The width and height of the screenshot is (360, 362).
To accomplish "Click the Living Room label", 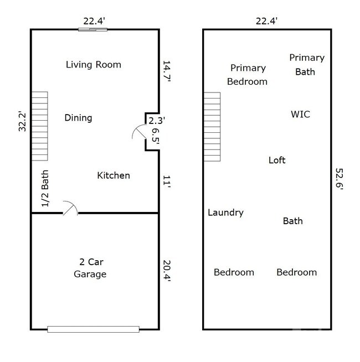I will pyautogui.click(x=93, y=65).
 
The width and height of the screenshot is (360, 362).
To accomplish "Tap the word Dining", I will pyautogui.click(x=78, y=118).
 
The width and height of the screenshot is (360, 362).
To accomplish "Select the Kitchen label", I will pyautogui.click(x=114, y=175).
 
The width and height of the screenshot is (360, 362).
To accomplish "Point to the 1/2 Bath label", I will pyautogui.click(x=46, y=189).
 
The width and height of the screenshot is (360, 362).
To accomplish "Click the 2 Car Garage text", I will pyautogui.click(x=90, y=268).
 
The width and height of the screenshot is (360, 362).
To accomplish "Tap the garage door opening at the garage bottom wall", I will pyautogui.click(x=93, y=329).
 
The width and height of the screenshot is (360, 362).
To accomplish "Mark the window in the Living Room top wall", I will pyautogui.click(x=92, y=29).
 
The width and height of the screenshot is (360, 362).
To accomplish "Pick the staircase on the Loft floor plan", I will pyautogui.click(x=212, y=127).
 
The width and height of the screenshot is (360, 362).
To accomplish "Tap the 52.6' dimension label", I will pyautogui.click(x=340, y=179).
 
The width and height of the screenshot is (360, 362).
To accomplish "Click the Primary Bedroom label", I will pyautogui.click(x=247, y=75).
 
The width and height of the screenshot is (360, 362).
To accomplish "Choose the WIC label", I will pyautogui.click(x=300, y=115).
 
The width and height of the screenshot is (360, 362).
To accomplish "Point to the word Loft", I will pyautogui.click(x=277, y=160).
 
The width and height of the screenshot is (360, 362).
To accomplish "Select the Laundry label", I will pyautogui.click(x=225, y=213).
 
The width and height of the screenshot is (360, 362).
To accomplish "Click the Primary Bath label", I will pyautogui.click(x=306, y=65).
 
